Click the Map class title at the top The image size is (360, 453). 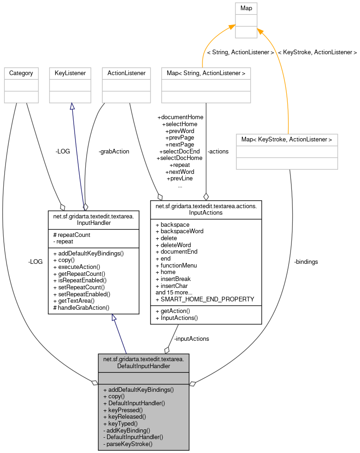[246, 8]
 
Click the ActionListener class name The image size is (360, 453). [126, 73]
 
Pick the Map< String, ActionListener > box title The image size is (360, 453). [205, 73]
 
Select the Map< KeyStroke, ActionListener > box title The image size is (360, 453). [286, 139]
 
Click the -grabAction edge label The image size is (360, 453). [114, 151]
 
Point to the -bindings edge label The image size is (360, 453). [306, 262]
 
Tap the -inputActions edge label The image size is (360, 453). [191, 338]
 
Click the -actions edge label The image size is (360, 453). [218, 151]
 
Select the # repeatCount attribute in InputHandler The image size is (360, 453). [72, 235]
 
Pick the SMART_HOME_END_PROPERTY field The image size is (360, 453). [205, 300]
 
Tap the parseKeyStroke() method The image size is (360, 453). [128, 444]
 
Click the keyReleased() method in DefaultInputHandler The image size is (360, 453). [125, 417]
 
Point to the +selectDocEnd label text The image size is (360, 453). [179, 151]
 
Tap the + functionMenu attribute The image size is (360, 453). [176, 265]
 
